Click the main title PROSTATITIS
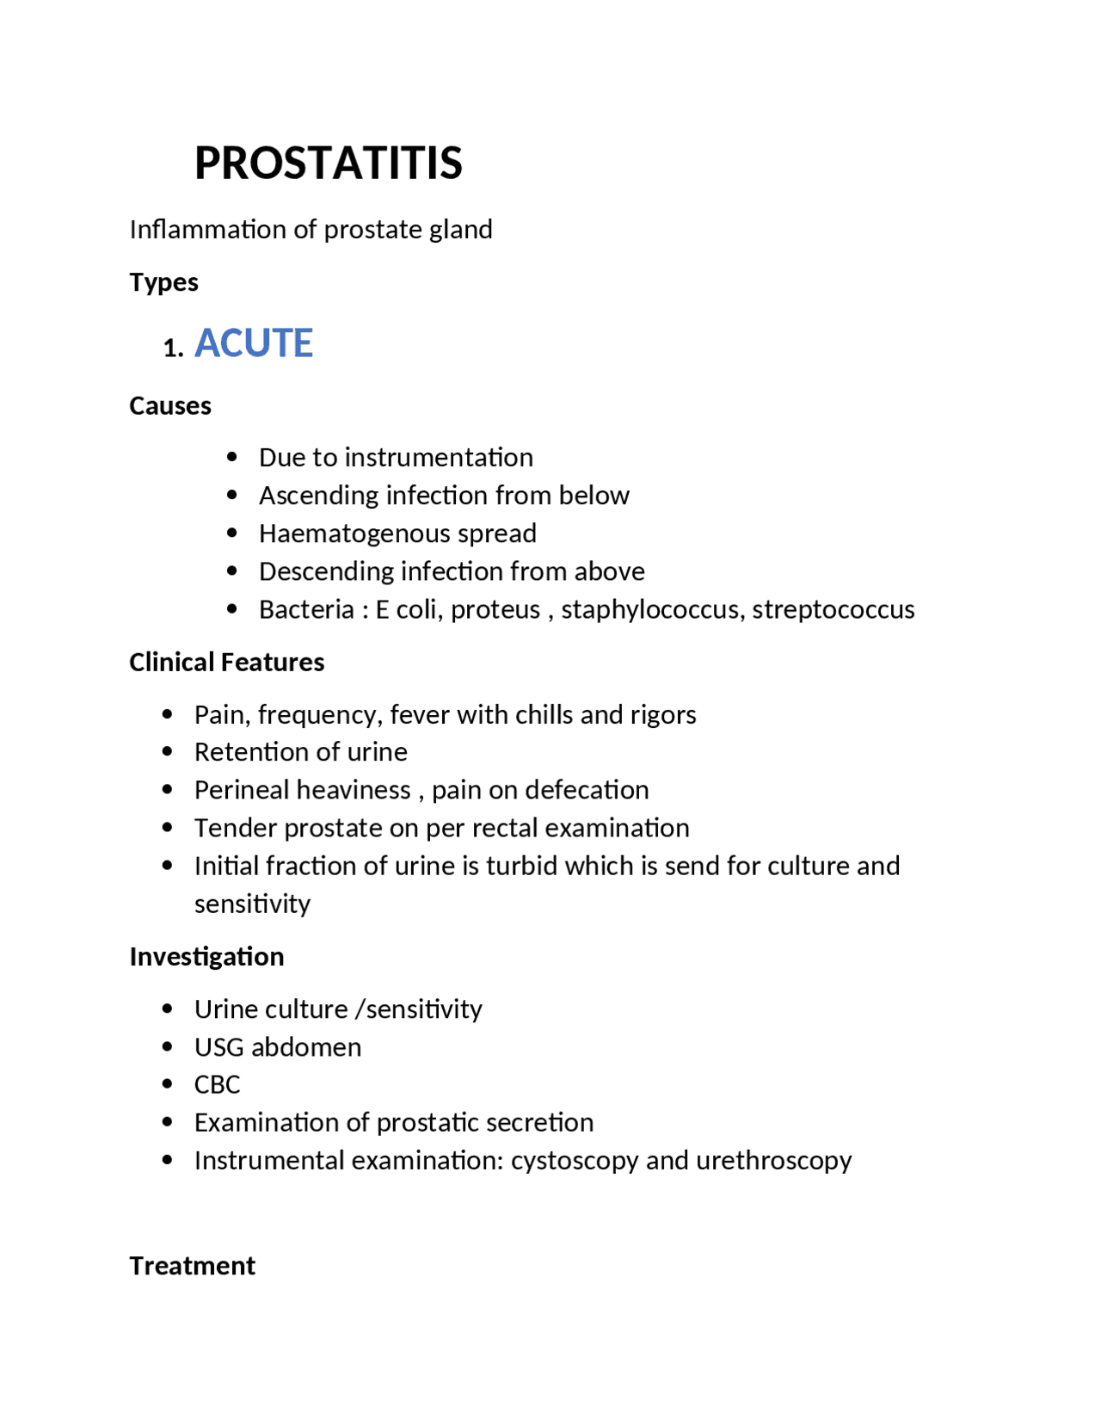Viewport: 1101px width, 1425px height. (328, 163)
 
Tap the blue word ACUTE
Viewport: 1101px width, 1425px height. (254, 342)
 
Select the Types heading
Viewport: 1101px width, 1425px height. (163, 282)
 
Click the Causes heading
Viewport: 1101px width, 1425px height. (169, 405)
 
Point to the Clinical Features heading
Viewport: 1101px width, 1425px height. (226, 662)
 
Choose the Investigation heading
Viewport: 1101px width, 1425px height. (206, 956)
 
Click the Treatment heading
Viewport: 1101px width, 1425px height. (192, 1265)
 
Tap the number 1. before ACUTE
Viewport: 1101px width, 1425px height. (173, 348)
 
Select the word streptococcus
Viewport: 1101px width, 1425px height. (833, 609)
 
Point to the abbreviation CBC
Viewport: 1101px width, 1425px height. (217, 1084)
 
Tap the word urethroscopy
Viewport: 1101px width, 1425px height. (773, 1160)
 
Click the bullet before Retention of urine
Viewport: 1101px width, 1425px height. (167, 751)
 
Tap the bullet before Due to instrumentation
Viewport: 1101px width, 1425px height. (231, 457)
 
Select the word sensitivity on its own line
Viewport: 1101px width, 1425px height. (252, 904)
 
